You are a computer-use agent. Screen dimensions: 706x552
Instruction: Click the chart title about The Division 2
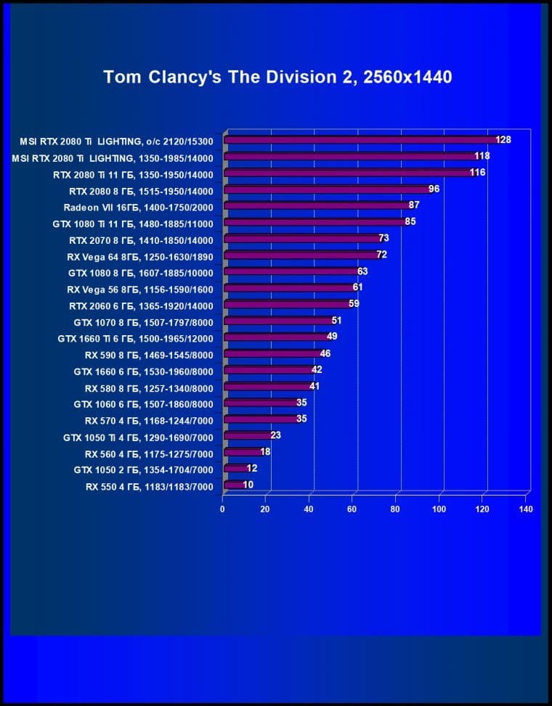coord(277,76)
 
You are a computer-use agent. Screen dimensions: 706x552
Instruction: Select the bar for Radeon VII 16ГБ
coord(317,205)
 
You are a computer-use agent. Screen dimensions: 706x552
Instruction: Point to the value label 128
coord(503,139)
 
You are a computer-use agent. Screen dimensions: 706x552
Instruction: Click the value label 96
coord(434,189)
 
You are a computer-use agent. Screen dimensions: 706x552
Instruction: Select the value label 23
coord(275,435)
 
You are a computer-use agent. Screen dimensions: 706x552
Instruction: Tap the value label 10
coord(248,485)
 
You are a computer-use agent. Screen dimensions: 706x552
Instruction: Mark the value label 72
coord(382,255)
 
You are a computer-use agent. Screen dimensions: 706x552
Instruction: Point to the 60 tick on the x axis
coord(352,509)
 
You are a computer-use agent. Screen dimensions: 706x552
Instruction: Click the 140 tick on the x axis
coord(526,509)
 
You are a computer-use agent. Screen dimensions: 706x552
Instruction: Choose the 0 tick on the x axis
coord(223,509)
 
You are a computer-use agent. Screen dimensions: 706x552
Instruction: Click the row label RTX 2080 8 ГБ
coord(141,192)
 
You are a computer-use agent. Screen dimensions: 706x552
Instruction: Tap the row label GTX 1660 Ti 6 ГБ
coord(135,338)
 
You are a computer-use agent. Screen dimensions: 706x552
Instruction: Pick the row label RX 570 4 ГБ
coord(149,420)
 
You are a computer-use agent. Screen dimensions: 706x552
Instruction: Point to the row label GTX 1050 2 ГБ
coord(143,469)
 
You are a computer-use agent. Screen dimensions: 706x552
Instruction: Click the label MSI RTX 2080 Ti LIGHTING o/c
coord(117,141)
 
